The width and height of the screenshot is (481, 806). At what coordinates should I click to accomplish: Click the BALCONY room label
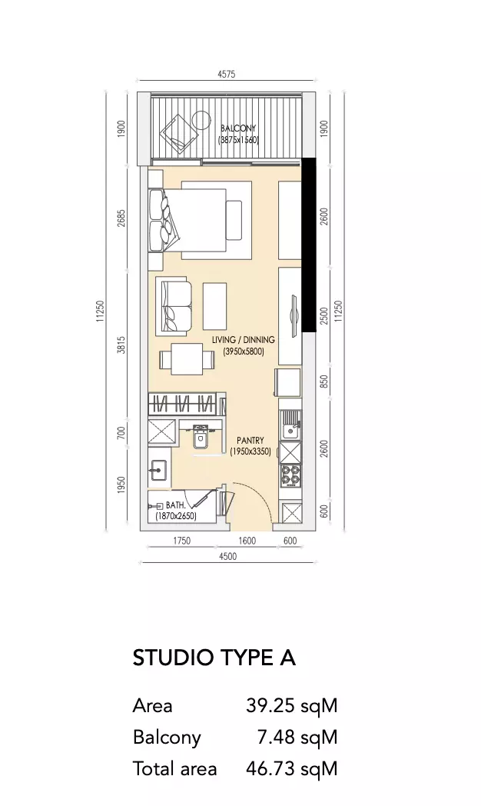coord(238,128)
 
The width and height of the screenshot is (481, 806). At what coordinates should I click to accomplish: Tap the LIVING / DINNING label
coord(244,340)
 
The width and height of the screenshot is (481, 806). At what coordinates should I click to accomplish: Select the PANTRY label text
coord(250,441)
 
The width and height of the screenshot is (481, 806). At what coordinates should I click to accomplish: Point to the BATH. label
coord(175,506)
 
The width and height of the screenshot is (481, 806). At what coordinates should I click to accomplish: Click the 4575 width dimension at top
coord(226,74)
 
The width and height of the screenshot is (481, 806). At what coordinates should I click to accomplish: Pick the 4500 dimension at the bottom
coord(228,556)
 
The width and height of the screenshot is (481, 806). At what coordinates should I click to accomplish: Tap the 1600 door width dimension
coord(247,541)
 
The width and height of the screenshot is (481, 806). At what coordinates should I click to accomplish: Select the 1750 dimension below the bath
coord(182,541)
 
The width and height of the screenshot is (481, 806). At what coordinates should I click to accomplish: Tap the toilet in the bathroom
coord(199,440)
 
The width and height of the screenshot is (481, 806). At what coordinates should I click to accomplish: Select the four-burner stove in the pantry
coord(290,475)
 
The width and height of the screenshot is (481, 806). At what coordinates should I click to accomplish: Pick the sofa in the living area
coord(174,305)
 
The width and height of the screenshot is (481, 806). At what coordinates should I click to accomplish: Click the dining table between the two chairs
coord(187,359)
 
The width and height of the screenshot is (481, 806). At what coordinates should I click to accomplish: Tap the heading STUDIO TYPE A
coord(214,658)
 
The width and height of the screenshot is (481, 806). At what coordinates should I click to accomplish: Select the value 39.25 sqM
coord(291,705)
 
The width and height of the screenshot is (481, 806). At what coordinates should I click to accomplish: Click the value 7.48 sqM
coord(297,737)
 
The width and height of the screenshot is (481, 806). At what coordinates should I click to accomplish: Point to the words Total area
coord(174,769)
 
